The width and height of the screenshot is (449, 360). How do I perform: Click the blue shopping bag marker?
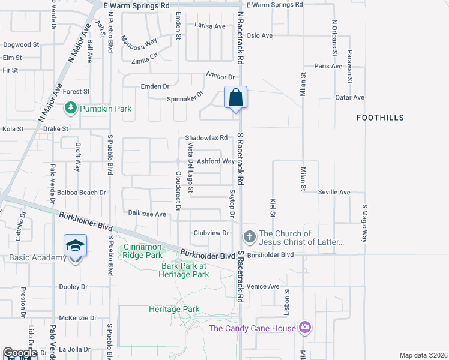[x=236, y=97]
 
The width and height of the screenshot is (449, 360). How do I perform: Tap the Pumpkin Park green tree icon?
[x=71, y=108]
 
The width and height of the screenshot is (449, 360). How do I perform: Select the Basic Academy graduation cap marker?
[x=75, y=246]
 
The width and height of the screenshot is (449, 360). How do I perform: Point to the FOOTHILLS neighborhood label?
[x=380, y=118]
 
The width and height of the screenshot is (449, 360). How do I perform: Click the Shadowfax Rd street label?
[x=206, y=137]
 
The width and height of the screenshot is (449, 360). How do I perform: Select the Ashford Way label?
[x=215, y=161]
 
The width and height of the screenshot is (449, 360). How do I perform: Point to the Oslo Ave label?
[x=259, y=35]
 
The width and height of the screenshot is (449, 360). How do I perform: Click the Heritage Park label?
[x=174, y=310]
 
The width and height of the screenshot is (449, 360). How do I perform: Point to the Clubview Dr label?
[x=211, y=233]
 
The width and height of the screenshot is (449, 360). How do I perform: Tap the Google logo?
[x=20, y=353]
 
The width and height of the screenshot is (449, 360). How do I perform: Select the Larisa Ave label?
[x=209, y=26]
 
